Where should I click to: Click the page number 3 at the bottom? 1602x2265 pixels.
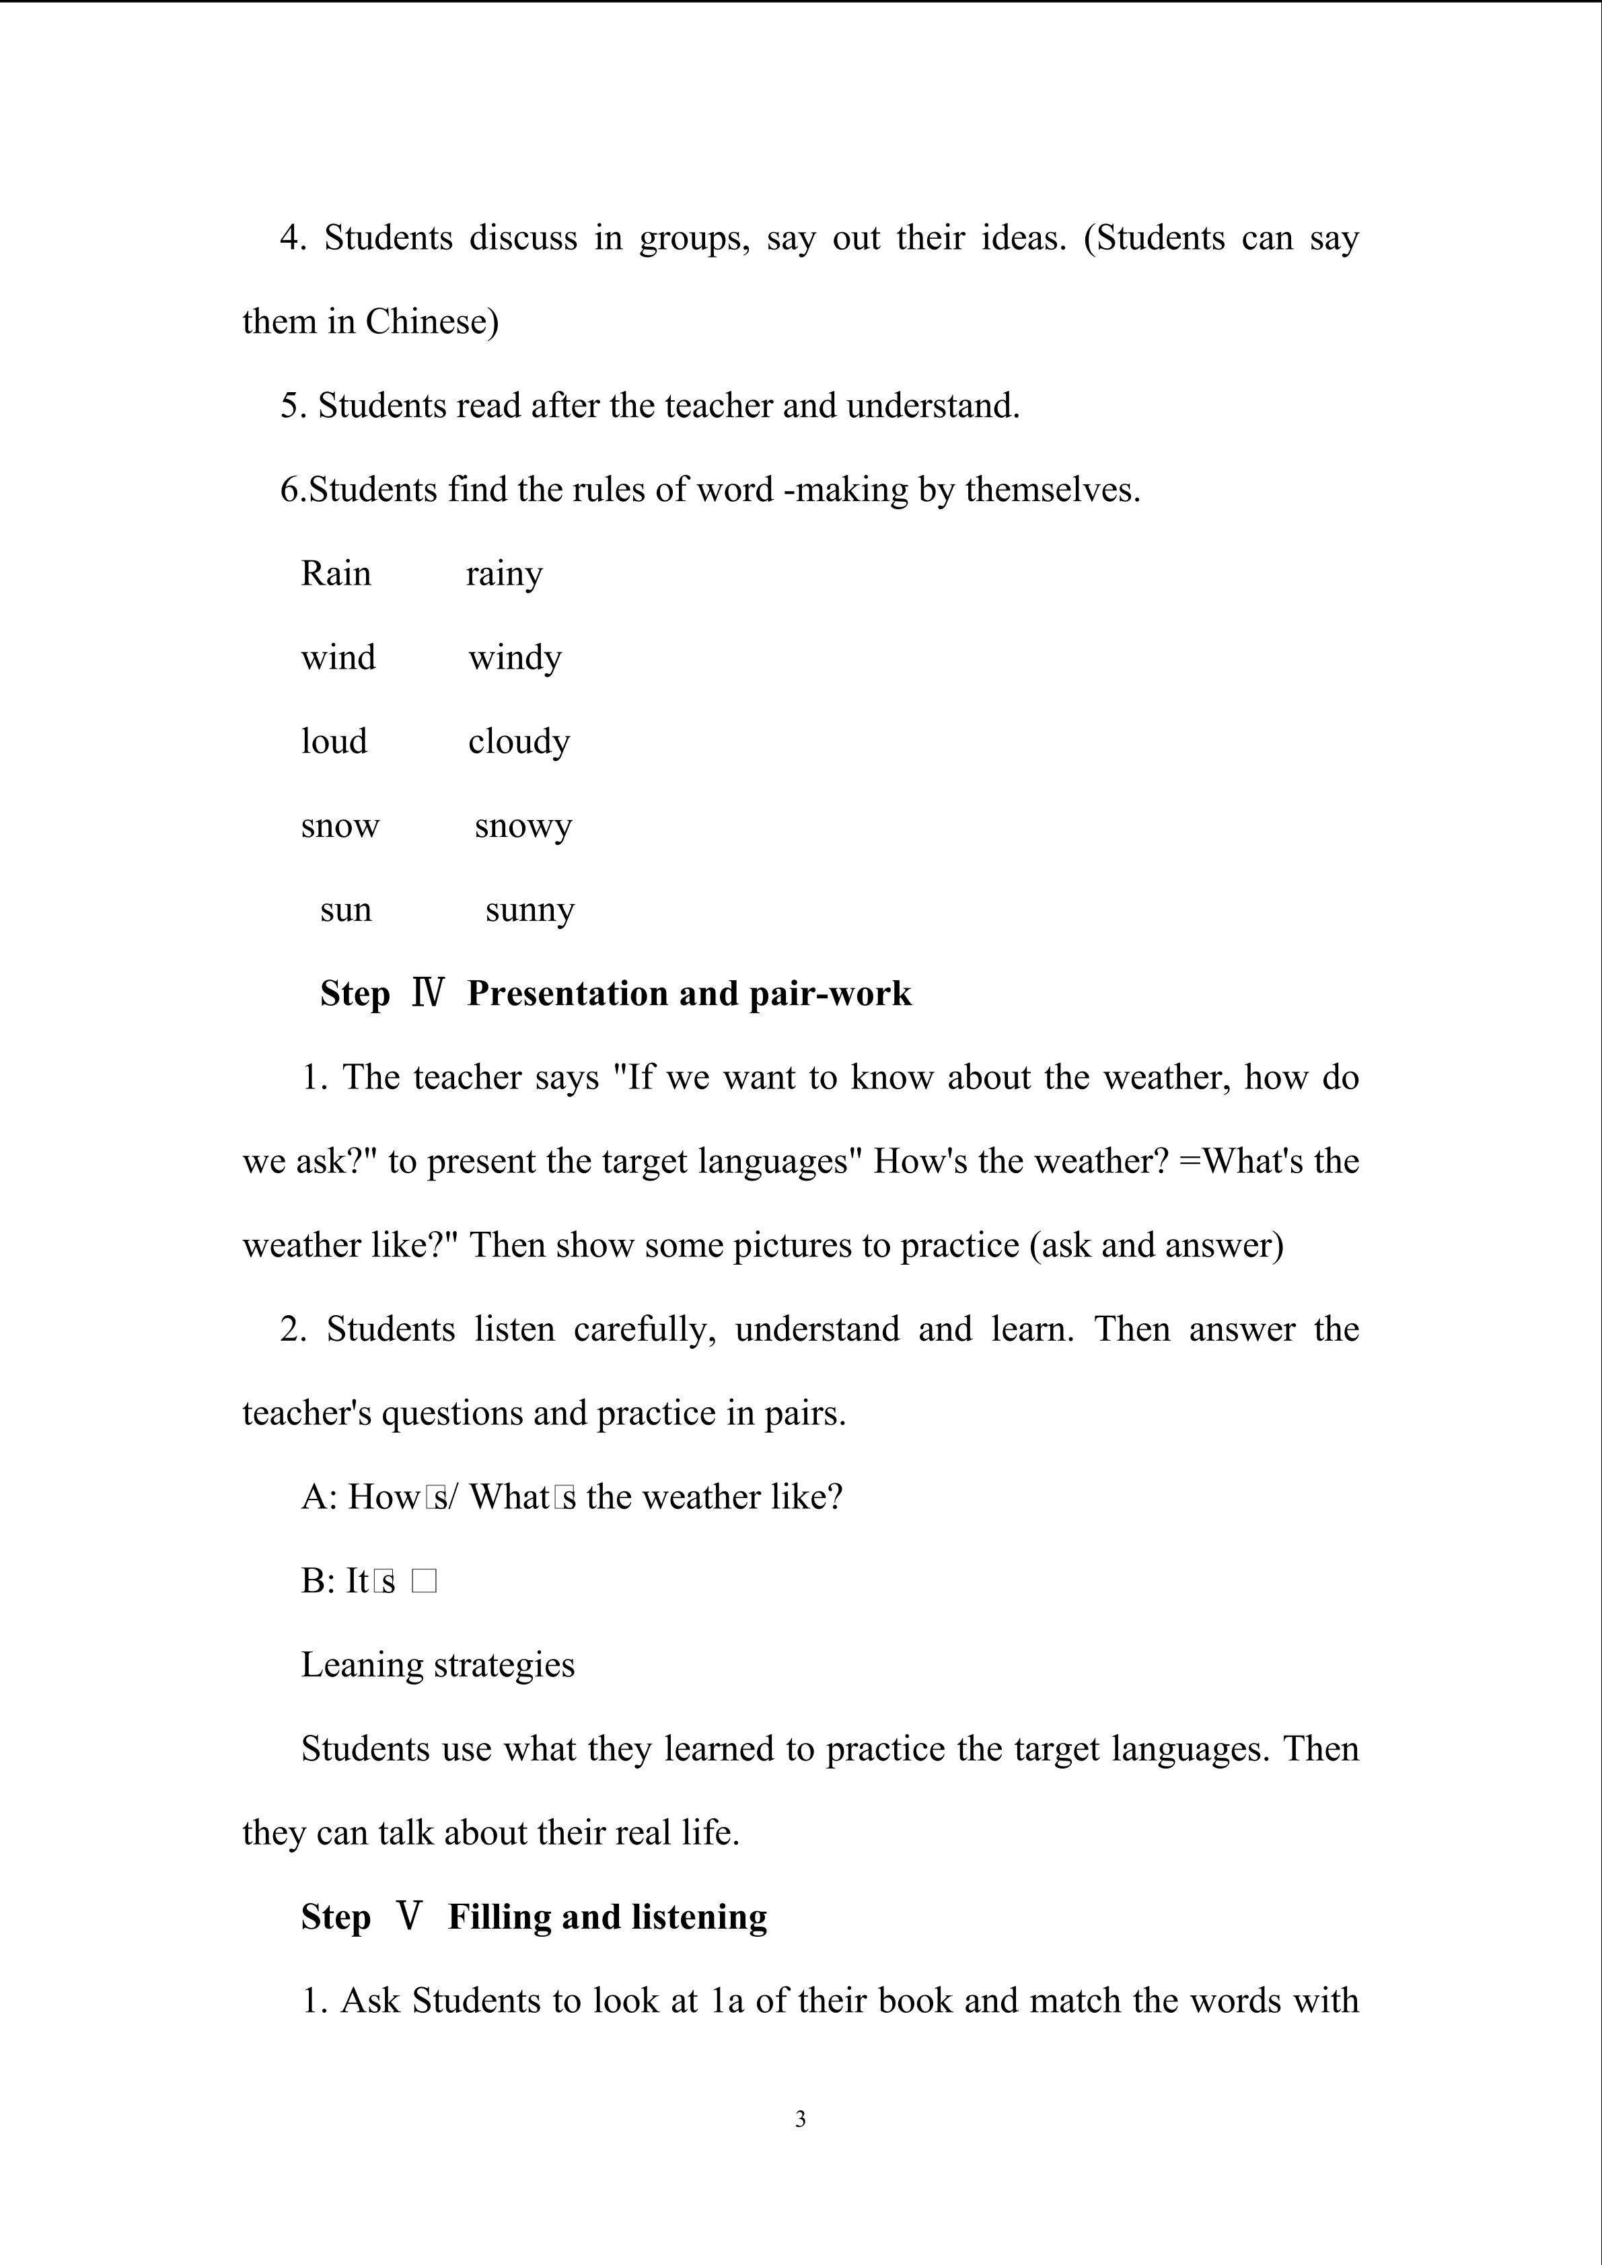click(x=800, y=2118)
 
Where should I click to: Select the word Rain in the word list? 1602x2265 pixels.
click(x=335, y=573)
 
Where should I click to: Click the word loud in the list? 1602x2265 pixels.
click(x=334, y=741)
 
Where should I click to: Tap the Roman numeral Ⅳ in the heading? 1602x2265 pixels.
click(x=428, y=992)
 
